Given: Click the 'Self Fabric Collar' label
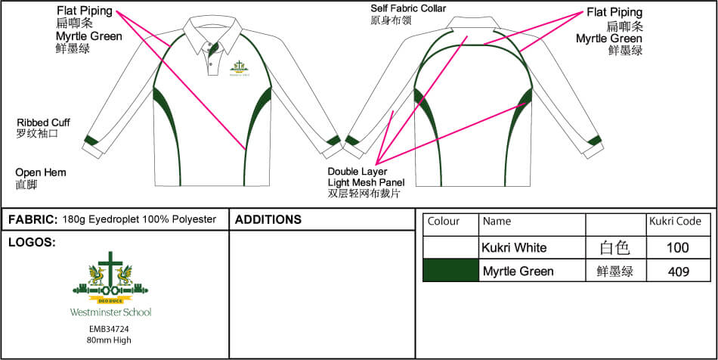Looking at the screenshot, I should coord(407,9).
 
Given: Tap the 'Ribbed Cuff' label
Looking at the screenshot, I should coord(43,123).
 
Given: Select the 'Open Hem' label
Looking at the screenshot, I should coord(41,173).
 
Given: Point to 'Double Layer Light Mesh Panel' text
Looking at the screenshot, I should coord(366,182).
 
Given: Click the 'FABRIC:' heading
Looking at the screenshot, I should coord(32,220).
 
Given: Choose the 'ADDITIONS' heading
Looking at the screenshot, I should coord(268,220).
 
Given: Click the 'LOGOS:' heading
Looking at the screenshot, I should coord(31,243).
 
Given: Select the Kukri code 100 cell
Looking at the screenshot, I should coord(679,247).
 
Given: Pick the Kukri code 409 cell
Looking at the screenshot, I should coord(679,271).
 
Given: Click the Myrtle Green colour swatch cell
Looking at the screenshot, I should coord(450,271).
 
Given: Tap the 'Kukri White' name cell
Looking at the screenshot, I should coord(514,247).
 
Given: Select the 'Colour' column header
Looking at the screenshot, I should coord(444,222).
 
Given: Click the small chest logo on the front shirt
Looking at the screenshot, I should coord(240,68).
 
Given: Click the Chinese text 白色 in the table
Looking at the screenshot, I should coord(614,247).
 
